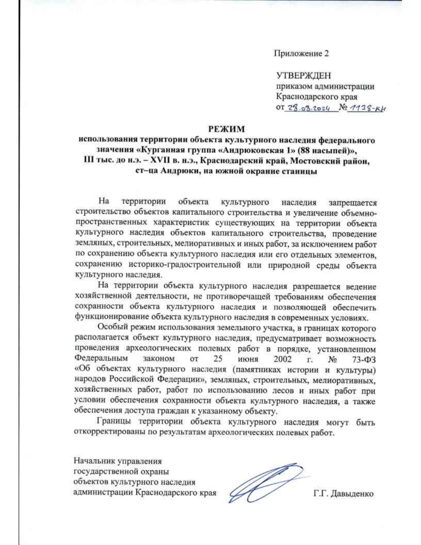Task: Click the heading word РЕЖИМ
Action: point(226,129)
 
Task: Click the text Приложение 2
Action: point(301,54)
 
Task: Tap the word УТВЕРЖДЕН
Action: point(303,75)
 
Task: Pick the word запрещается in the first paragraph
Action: point(352,202)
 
